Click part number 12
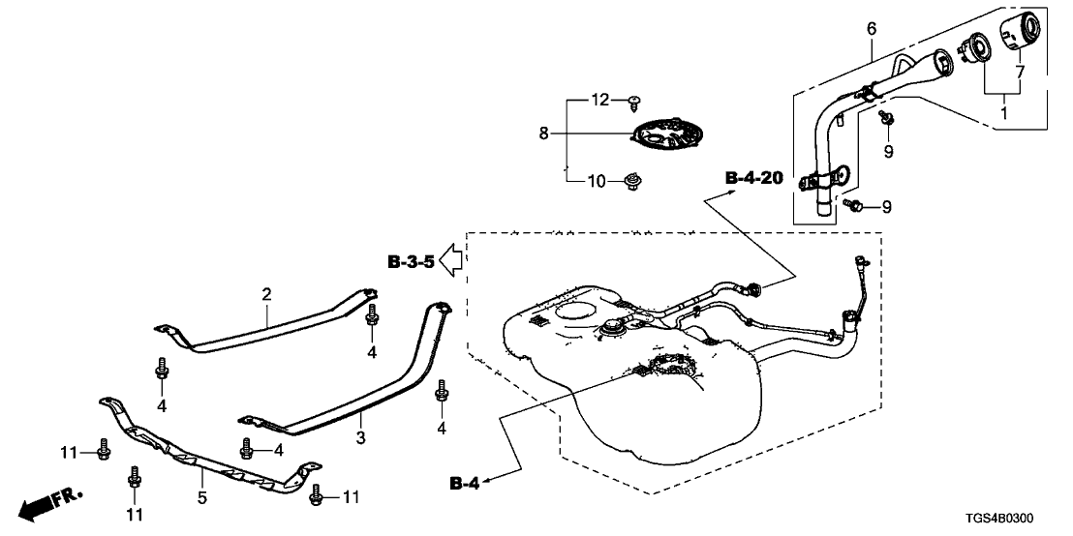[x=599, y=100]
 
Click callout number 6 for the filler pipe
[x=871, y=30]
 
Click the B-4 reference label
[x=465, y=481]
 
